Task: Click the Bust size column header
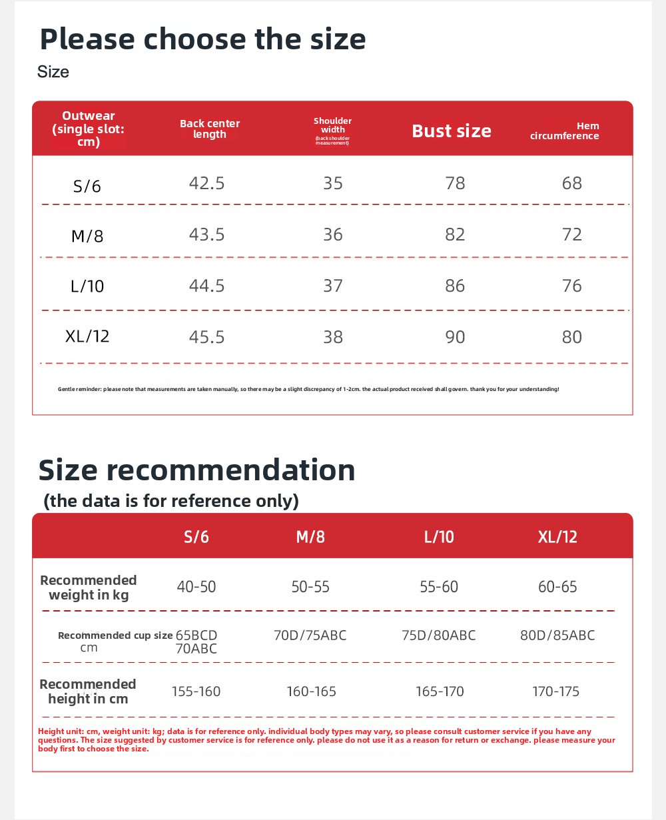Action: coord(452,131)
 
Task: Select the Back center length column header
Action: coord(210,129)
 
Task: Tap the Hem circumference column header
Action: coord(565,131)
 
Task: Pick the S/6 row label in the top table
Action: coord(87,186)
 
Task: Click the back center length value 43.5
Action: coord(206,234)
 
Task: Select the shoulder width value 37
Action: coord(333,286)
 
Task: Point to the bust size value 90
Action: coord(455,337)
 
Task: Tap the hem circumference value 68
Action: coord(571,183)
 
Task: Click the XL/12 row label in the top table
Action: coord(87,336)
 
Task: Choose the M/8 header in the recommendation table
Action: coord(310,537)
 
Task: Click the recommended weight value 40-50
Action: coord(196,587)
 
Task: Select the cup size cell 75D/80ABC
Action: coord(439,635)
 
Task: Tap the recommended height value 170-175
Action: coord(556,691)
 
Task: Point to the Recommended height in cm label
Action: coord(87,691)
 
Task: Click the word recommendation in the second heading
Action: coord(231,470)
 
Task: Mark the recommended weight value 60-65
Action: coord(557,587)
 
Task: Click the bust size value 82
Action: coord(455,234)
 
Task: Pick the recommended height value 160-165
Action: coord(311,691)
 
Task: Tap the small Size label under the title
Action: coord(53,72)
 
